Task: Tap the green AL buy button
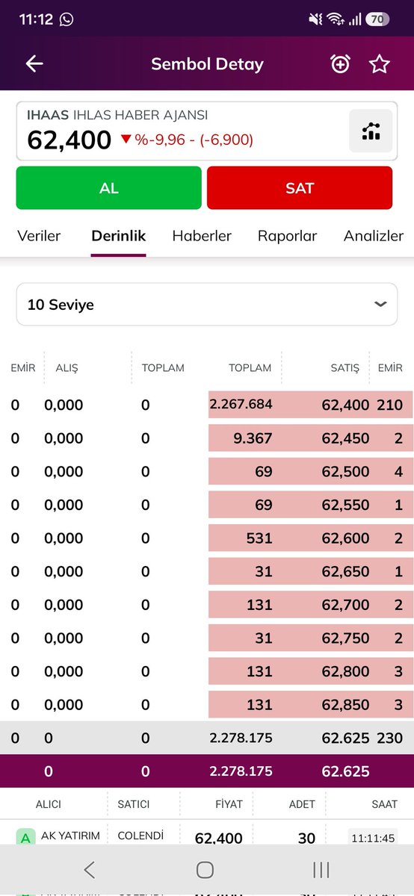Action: coord(108,187)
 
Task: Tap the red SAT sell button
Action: coord(300,187)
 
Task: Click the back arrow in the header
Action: coord(34,63)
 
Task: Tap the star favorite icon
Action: coord(379,64)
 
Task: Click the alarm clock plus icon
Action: coord(340,64)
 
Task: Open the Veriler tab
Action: coord(39,236)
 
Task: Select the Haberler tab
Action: coord(202,236)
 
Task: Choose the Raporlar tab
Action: coord(287,236)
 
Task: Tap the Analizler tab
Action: coord(374,236)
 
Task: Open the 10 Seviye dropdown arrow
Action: coord(380,304)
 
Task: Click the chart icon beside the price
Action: coord(371,131)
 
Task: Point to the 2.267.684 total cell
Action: coord(241,404)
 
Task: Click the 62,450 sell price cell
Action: coord(345,438)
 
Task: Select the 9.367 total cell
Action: coord(253,438)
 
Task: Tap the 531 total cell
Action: coord(259,538)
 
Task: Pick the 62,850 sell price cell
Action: coord(345,704)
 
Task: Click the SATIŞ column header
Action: coord(345,367)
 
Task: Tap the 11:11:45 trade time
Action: coord(373,838)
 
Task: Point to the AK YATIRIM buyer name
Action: coord(70,836)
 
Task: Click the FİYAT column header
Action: coord(229,804)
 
